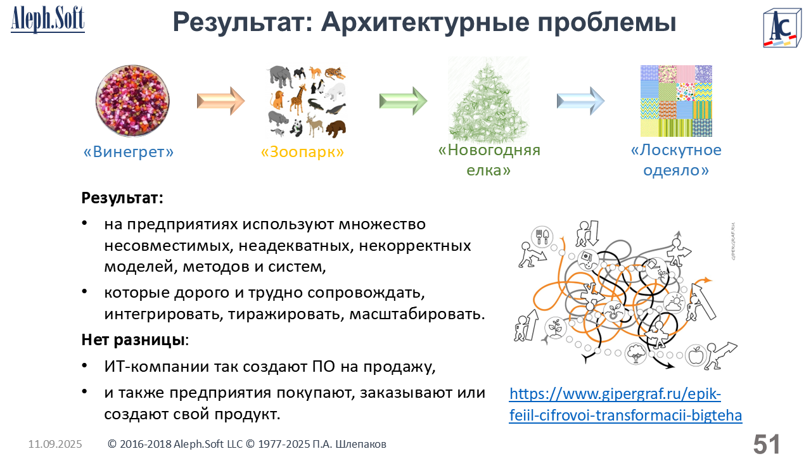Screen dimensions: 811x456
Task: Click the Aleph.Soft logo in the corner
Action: pyautogui.click(x=48, y=20)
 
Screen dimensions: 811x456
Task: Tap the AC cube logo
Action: pyautogui.click(x=782, y=28)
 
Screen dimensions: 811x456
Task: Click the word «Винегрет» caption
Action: pyautogui.click(x=129, y=152)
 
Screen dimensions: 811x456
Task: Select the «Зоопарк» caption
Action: pyautogui.click(x=302, y=152)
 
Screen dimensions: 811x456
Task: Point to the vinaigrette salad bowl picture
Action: pyautogui.click(x=132, y=101)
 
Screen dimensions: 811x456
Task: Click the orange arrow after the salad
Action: pyautogui.click(x=221, y=101)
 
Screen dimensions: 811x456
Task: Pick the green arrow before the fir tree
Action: pyautogui.click(x=404, y=101)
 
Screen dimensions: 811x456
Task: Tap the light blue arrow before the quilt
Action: pyautogui.click(x=581, y=101)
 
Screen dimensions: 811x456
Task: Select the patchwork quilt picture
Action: pyautogui.click(x=676, y=101)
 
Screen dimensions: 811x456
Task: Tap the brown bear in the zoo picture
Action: pyautogui.click(x=336, y=129)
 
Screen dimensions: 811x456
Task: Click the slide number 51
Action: pyautogui.click(x=767, y=445)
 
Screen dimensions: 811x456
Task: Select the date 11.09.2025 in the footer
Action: pyautogui.click(x=55, y=444)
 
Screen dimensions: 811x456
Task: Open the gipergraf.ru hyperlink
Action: pyautogui.click(x=625, y=405)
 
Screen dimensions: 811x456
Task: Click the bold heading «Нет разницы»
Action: pyautogui.click(x=133, y=340)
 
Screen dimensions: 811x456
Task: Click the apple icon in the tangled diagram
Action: pyautogui.click(x=696, y=355)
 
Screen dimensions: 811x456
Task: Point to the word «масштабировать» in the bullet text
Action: pyautogui.click(x=417, y=313)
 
